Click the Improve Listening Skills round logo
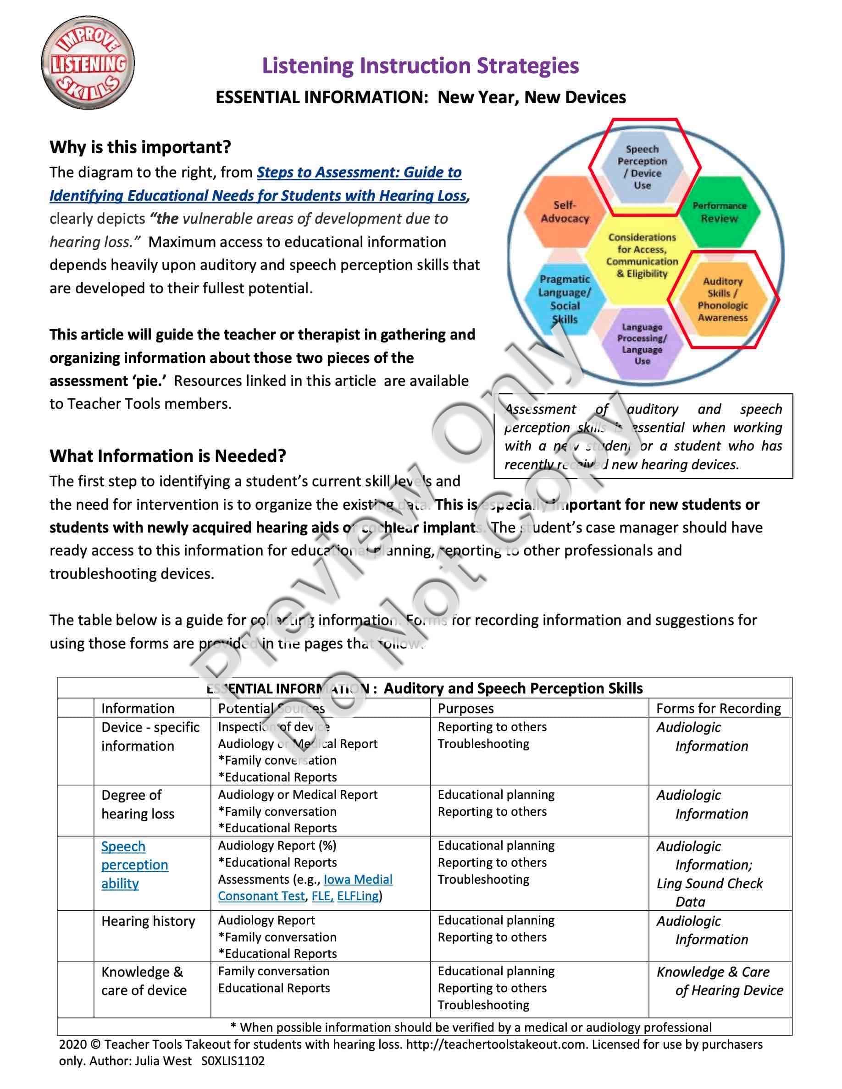pos(88,63)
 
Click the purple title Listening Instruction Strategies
pos(421,66)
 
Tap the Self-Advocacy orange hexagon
pos(565,212)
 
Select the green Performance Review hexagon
pos(719,212)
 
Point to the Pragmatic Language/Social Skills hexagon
pos(565,299)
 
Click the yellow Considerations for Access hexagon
pos(642,255)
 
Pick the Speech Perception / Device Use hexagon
pos(642,167)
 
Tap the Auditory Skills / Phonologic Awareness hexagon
pos(723,299)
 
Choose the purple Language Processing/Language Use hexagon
pos(642,344)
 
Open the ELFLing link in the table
pos(358,896)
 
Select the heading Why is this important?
pos(140,147)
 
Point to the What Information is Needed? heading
pos(167,456)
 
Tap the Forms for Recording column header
pos(718,708)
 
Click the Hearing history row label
pos(148,921)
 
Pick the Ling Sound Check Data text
pos(709,892)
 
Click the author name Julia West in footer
pos(163,1061)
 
